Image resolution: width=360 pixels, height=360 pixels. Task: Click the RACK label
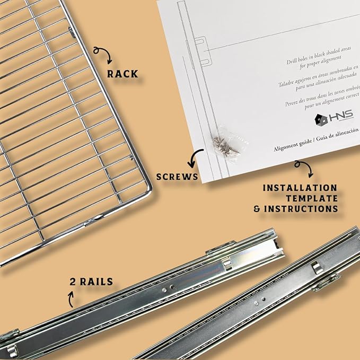pyautogui.click(x=122, y=73)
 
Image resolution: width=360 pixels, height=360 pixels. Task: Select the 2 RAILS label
pyautogui.click(x=91, y=282)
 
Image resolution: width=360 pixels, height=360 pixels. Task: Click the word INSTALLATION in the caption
pyautogui.click(x=300, y=188)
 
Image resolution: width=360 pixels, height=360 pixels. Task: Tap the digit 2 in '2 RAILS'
pyautogui.click(x=72, y=282)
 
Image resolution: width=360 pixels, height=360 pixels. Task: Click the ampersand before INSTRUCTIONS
pyautogui.click(x=257, y=209)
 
